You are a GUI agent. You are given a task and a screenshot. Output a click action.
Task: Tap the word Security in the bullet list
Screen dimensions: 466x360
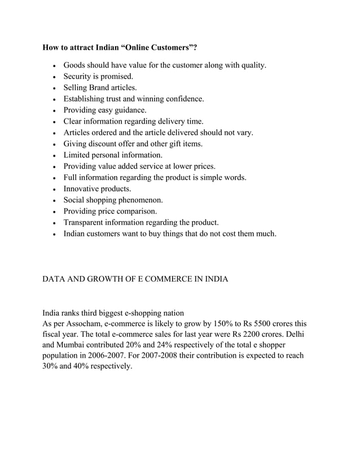click(79, 77)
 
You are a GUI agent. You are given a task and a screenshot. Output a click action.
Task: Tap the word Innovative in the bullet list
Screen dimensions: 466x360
click(82, 189)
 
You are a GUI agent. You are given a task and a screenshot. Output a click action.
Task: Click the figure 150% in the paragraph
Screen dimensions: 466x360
click(230, 324)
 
